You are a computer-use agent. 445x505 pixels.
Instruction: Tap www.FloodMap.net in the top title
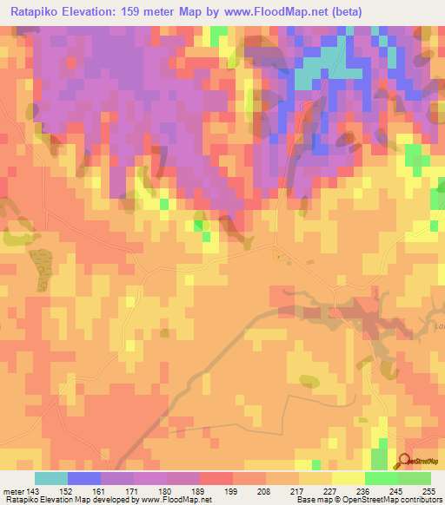(269, 12)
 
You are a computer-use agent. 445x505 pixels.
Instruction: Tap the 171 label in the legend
(134, 490)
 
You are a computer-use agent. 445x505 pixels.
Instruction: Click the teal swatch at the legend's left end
(51, 478)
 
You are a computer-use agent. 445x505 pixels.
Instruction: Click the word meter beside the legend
(12, 490)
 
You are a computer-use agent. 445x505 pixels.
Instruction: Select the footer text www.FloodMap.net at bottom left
(171, 500)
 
